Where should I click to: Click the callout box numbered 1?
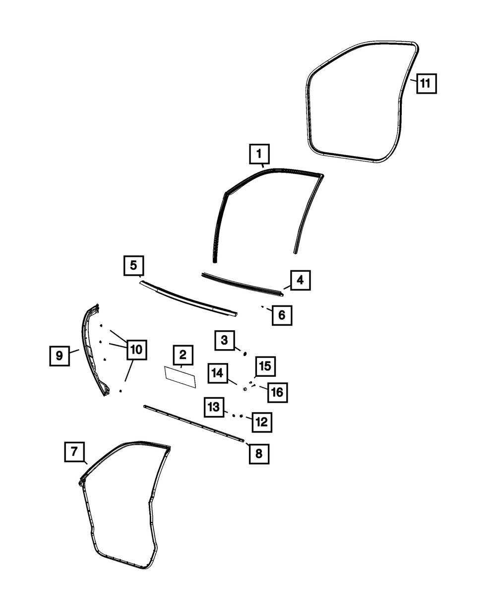tap(259, 154)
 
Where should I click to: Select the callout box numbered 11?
tap(426, 83)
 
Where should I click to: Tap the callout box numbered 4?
tap(300, 281)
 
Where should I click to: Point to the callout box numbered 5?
tap(133, 265)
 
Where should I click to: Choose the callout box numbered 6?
tap(282, 315)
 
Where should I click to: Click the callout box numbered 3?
tap(225, 341)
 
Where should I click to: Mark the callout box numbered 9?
tap(60, 355)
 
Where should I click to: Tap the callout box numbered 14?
tap(218, 373)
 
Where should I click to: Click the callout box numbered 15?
tap(265, 366)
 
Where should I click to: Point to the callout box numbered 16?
tap(277, 392)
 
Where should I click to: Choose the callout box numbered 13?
tap(213, 407)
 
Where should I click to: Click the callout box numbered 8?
tap(259, 453)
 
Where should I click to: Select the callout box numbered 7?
tap(74, 451)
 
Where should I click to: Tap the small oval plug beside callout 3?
tap(245, 353)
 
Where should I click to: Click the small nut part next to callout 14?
tap(245, 389)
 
